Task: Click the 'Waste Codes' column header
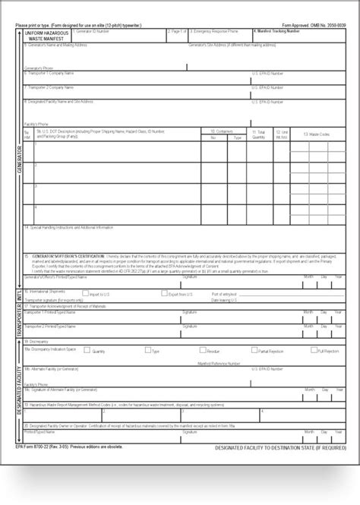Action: click(317, 134)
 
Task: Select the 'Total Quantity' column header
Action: click(260, 134)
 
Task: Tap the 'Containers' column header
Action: click(224, 131)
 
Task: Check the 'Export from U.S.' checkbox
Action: click(155, 293)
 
